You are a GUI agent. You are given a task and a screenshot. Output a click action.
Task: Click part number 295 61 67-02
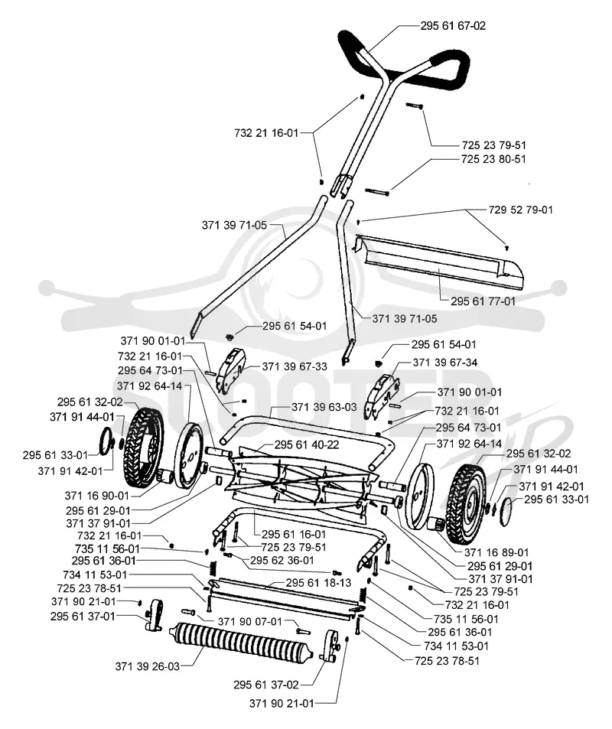pyautogui.click(x=452, y=25)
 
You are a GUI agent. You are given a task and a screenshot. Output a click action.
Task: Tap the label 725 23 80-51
pyautogui.click(x=493, y=159)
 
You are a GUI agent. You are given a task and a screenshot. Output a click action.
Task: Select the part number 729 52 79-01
pyautogui.click(x=520, y=210)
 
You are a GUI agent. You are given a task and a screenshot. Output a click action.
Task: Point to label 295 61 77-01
pyautogui.click(x=483, y=301)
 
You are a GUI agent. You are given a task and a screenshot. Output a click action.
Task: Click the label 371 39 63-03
pyautogui.click(x=324, y=407)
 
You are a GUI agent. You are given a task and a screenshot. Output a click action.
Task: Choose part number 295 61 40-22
pyautogui.click(x=307, y=445)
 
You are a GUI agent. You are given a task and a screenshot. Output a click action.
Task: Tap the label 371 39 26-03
pyautogui.click(x=148, y=667)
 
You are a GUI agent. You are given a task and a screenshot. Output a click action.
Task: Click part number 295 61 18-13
pyautogui.click(x=318, y=583)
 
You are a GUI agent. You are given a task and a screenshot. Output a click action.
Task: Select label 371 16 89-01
pyautogui.click(x=496, y=552)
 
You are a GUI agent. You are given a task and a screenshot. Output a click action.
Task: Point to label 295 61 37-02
pyautogui.click(x=266, y=685)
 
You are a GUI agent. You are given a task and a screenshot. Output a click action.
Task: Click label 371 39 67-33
pyautogui.click(x=295, y=367)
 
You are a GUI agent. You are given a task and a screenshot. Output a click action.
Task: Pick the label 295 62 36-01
pyautogui.click(x=282, y=561)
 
